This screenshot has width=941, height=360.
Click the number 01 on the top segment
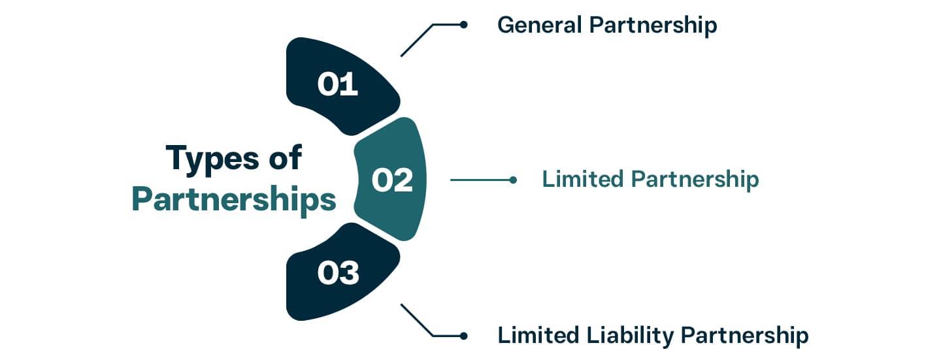[x=338, y=85]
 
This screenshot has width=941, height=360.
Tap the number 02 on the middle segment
[x=392, y=180]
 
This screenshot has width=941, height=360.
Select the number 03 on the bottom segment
[x=338, y=273]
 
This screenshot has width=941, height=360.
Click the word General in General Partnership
[x=540, y=25]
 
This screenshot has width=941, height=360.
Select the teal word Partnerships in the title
[x=234, y=199]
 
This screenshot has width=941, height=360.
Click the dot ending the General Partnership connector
[x=463, y=25]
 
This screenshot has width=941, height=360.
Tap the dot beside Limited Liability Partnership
[x=463, y=336]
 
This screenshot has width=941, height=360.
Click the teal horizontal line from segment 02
[x=480, y=179]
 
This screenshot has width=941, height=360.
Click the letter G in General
[x=505, y=25]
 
